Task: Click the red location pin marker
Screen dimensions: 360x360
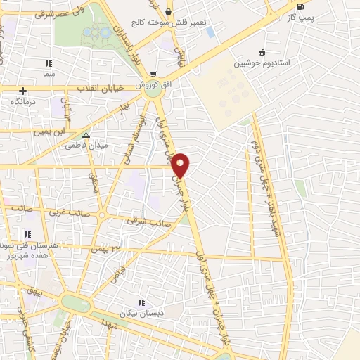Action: (x=181, y=165)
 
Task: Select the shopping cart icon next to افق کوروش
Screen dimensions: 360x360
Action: (x=153, y=74)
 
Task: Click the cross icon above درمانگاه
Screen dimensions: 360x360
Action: (x=23, y=91)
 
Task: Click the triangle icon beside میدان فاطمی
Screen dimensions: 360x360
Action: (x=86, y=135)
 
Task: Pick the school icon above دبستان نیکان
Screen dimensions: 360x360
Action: (x=141, y=302)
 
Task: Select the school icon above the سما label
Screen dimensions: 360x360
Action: (x=49, y=63)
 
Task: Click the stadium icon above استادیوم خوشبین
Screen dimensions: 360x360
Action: (x=262, y=51)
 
